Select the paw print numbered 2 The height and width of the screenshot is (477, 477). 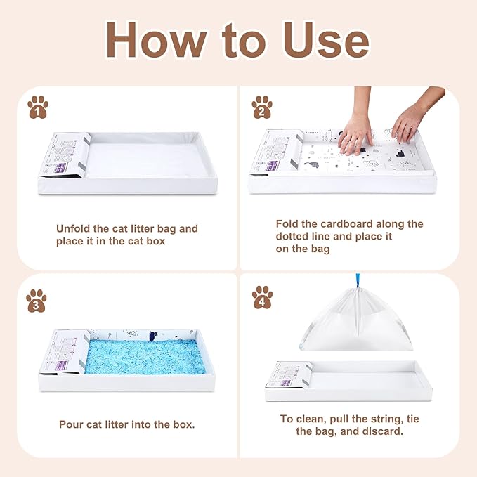coord(262,107)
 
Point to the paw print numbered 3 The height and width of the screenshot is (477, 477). coord(37,301)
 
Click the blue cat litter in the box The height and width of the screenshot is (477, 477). coord(145,356)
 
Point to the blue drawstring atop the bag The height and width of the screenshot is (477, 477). coord(355,288)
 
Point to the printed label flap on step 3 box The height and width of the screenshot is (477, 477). coord(65,351)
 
